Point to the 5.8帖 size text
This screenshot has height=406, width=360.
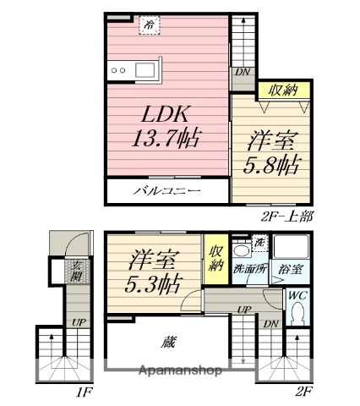point(271,165)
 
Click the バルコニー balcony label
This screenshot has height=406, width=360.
point(167,192)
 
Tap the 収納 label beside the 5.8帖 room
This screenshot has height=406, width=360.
point(283,91)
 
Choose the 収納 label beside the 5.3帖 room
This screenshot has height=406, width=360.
point(215,258)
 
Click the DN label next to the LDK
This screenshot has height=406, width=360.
point(243,71)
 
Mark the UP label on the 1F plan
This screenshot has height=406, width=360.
point(77,322)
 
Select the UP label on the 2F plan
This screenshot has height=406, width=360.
point(245,310)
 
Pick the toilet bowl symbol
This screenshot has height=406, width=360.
point(296,315)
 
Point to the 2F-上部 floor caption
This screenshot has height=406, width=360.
point(288,217)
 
